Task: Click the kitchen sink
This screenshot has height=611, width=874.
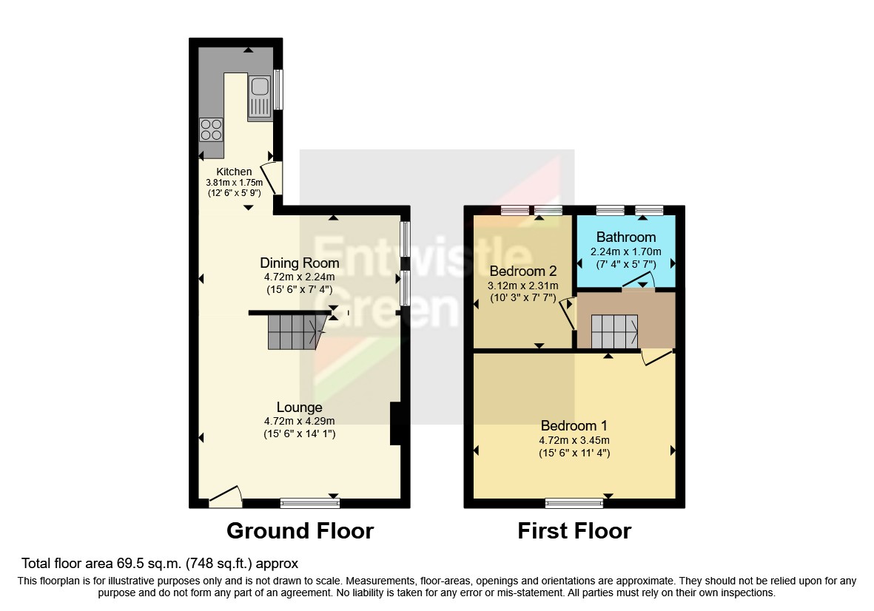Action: (x=260, y=96)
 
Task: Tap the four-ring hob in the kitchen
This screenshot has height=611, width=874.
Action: (x=210, y=130)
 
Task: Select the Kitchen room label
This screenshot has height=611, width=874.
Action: (x=234, y=172)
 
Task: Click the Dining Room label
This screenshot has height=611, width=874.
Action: (x=299, y=263)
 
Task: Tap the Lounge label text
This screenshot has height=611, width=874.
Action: (x=299, y=408)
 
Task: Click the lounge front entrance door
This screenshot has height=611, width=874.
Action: (x=225, y=497)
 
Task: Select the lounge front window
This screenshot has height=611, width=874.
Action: (x=310, y=504)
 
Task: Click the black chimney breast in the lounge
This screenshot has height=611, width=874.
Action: (x=395, y=424)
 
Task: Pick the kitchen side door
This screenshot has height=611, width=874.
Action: (x=271, y=178)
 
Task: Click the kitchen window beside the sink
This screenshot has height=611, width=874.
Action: (x=278, y=90)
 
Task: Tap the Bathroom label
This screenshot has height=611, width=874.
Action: (x=626, y=237)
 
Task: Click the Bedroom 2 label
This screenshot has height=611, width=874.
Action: (x=523, y=270)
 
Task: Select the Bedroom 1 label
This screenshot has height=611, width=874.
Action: (x=574, y=426)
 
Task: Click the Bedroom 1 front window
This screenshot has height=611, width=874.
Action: (x=574, y=504)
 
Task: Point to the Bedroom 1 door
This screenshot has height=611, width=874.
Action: (x=657, y=357)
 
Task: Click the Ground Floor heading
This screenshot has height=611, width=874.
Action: (x=300, y=531)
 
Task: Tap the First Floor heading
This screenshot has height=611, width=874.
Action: (x=574, y=531)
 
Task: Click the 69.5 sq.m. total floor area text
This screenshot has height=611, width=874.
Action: (x=160, y=563)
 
